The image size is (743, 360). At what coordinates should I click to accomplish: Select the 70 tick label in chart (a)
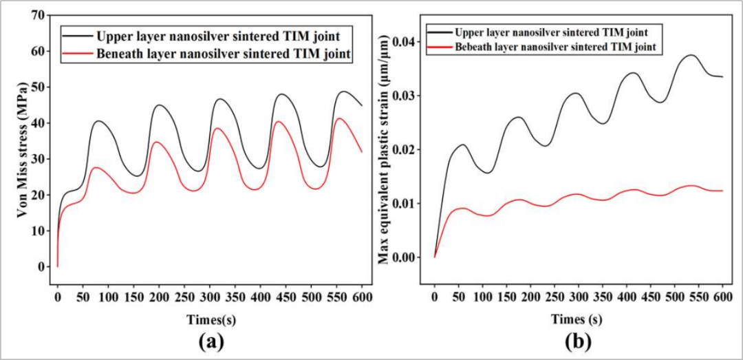pos(39,15)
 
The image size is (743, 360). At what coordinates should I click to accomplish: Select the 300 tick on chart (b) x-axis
pos(579,297)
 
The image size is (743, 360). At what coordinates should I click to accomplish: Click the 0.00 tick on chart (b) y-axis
pos(405,257)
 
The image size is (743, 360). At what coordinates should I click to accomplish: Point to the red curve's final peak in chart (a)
pos(340,118)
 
